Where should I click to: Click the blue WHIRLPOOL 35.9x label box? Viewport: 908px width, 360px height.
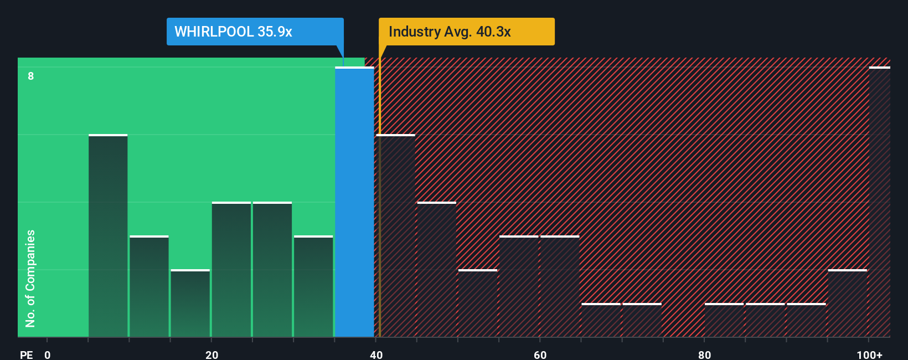(255, 32)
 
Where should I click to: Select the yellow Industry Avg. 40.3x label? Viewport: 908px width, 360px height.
(466, 32)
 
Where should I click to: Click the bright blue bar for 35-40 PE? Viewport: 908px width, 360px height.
(354, 202)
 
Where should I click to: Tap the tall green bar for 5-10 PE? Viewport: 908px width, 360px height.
(108, 235)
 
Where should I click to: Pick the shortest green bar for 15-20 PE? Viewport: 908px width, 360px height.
(190, 304)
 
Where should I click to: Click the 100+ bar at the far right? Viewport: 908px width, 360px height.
(879, 202)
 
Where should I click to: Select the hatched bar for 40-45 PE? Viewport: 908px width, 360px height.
(396, 235)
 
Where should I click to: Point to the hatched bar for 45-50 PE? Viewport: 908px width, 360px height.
(437, 270)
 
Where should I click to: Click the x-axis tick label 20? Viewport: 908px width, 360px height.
(211, 354)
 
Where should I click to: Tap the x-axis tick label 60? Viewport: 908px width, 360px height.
(540, 354)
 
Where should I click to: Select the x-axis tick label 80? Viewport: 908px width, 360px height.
(704, 354)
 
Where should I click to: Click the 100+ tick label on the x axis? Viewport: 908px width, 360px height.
(869, 354)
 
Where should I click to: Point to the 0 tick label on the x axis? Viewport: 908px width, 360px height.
(48, 354)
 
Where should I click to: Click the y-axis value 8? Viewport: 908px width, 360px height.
(31, 76)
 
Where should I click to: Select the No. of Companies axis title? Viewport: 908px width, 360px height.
(30, 278)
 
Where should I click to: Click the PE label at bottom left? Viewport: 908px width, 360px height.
(26, 354)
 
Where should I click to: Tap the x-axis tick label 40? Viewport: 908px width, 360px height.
(376, 354)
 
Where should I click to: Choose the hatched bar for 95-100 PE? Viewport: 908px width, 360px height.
(847, 304)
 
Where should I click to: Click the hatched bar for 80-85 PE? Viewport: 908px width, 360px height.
(724, 320)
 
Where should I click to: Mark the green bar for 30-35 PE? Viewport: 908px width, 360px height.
(313, 286)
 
